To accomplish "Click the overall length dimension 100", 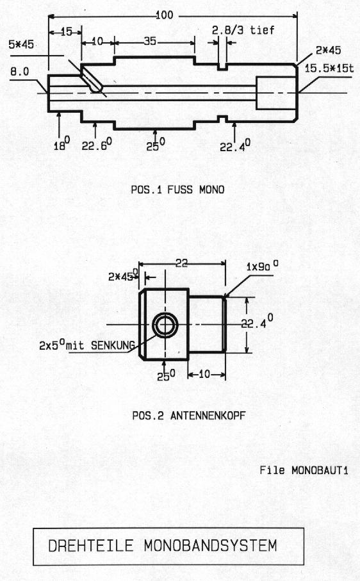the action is point(164,15).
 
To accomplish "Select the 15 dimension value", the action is point(66,32).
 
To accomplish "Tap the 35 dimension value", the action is point(150,41).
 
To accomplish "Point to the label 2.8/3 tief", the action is point(243,29).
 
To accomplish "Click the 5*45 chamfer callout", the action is point(21,44).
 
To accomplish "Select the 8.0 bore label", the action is point(19,72).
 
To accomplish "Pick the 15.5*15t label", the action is point(329,68).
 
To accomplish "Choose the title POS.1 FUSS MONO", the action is point(178,190).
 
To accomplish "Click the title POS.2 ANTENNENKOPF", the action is point(189,415).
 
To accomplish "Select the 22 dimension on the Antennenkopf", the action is point(181,263).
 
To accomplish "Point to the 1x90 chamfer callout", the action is point(263,266).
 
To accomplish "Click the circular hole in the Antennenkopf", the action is point(165,325).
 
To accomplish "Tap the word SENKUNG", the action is point(113,345).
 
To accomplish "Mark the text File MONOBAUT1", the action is point(304,470).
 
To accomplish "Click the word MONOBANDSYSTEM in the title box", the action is point(210,545).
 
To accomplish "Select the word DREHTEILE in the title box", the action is point(91,546).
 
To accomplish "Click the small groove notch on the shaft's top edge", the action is point(222,67).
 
